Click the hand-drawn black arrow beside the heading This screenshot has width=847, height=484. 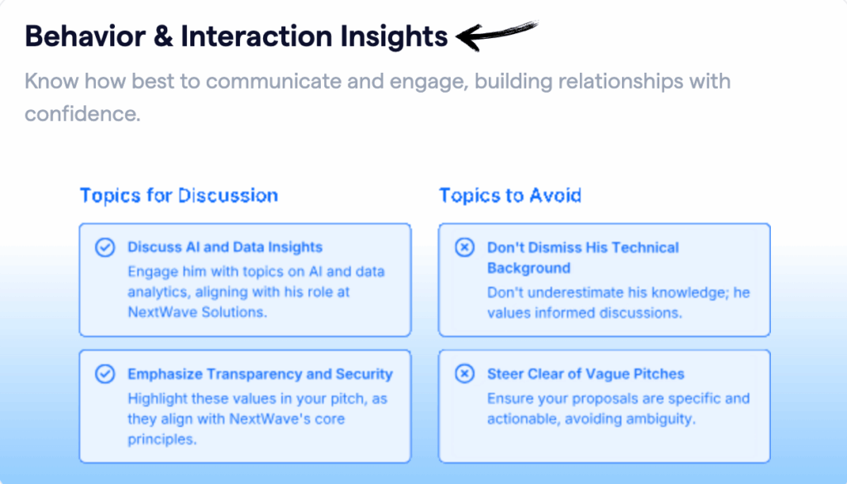point(497,35)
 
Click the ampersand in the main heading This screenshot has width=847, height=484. point(161,36)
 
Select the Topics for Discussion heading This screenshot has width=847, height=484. point(179,196)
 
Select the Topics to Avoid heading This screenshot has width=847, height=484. point(510,196)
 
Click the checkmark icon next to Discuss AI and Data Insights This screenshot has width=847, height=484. point(105,247)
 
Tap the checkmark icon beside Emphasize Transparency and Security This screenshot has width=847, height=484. point(105,374)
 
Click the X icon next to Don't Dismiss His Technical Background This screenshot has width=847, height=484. point(465,247)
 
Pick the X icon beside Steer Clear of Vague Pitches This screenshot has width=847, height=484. point(465,374)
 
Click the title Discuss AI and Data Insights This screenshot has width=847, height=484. point(225,247)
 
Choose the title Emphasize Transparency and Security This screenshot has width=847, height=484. point(260,374)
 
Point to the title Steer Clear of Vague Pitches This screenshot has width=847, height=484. point(586,374)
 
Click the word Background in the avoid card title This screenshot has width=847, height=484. point(529,268)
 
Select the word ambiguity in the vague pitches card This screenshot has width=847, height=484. point(658,419)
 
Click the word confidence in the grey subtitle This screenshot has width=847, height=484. point(83,113)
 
